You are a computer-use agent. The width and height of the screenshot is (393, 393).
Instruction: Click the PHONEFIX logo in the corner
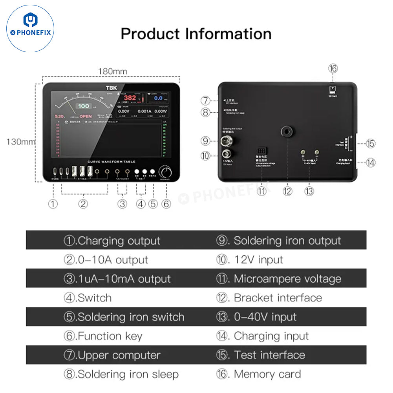[31, 28]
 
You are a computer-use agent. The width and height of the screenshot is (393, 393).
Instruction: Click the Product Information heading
[196, 34]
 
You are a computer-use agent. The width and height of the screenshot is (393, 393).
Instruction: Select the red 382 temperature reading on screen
[130, 98]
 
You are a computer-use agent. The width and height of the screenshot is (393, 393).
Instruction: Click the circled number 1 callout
[53, 204]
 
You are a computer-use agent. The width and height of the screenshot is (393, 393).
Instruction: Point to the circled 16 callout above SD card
[333, 68]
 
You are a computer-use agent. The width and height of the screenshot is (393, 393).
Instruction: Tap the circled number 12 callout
[288, 191]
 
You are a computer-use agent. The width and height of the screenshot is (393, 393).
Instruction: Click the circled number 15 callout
[370, 143]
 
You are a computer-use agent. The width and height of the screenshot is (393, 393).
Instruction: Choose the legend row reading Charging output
[112, 241]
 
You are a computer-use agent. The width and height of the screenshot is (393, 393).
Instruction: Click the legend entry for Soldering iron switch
[124, 317]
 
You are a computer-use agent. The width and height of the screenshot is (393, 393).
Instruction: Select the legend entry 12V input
[249, 260]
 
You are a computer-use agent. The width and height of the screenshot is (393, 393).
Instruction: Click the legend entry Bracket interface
[269, 298]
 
